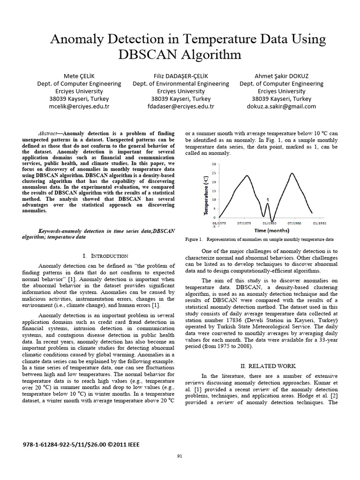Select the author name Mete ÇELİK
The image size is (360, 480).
[x=79, y=76]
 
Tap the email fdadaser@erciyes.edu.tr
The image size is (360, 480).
[x=180, y=106]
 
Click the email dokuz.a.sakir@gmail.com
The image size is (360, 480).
[x=281, y=106]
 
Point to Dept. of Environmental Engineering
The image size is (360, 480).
[x=180, y=83]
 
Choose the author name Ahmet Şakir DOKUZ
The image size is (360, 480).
[x=281, y=76]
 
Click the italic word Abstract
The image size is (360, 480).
[x=49, y=133]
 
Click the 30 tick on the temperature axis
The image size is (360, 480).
[x=213, y=164]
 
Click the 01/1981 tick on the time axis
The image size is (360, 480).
[x=320, y=223]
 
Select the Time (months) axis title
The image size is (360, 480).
[x=271, y=230]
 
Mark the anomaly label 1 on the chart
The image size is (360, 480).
[x=268, y=200]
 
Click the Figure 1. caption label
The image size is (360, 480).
[x=194, y=239]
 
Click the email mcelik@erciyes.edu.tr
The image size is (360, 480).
[x=79, y=106]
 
